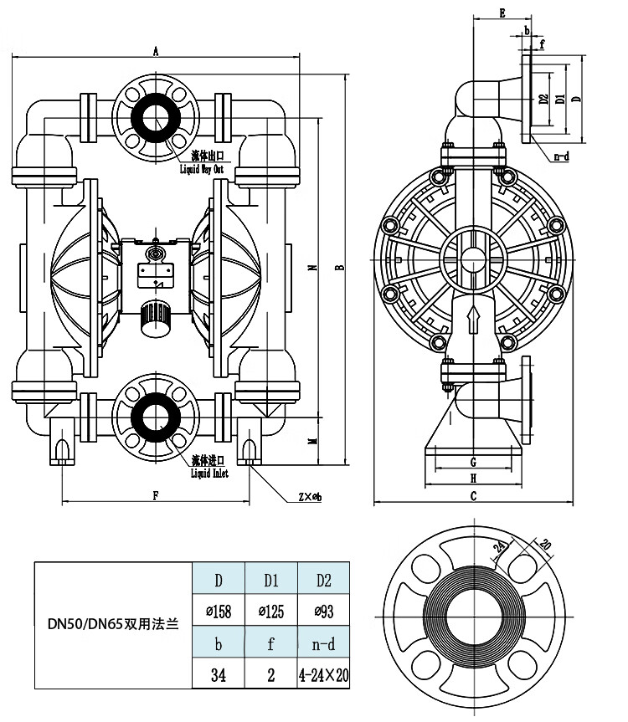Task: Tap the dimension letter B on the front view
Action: tap(338, 268)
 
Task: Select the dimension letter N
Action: tap(311, 268)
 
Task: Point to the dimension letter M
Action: tap(311, 441)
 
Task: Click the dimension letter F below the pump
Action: tap(156, 495)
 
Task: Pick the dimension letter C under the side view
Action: tap(473, 496)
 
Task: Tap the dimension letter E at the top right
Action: tap(502, 13)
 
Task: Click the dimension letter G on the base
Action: tap(473, 461)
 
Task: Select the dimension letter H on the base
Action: tap(473, 479)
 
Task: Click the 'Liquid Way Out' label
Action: tap(203, 168)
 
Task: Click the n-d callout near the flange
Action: tap(561, 156)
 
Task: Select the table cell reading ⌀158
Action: tap(219, 612)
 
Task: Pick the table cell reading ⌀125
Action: tap(271, 612)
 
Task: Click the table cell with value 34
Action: tap(219, 675)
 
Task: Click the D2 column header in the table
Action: tap(324, 580)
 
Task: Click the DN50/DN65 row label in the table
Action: tap(114, 623)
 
